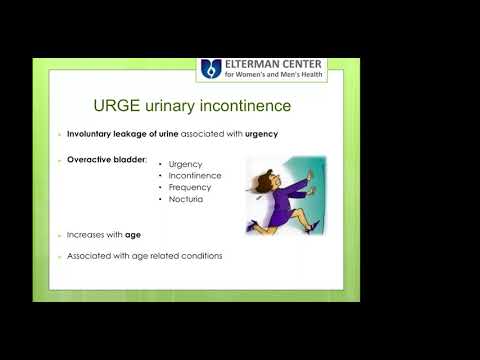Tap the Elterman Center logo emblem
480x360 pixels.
(x=209, y=69)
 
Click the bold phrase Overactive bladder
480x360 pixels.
(x=106, y=160)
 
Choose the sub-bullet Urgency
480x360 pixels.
(x=186, y=164)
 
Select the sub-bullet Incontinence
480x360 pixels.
(x=195, y=175)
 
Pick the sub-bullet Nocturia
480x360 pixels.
(x=186, y=199)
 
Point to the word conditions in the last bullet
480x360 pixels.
(x=201, y=256)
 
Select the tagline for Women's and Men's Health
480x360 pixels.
(x=275, y=75)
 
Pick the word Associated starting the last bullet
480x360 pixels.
(x=90, y=256)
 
